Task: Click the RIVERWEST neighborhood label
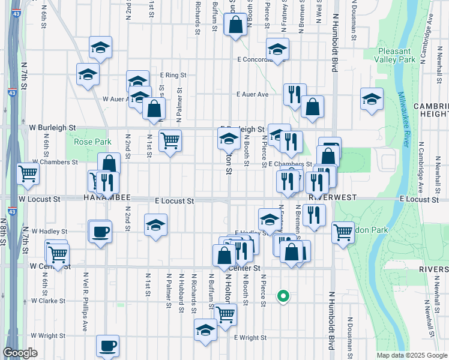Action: (x=333, y=197)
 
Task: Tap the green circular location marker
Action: (x=282, y=295)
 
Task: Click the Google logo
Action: (x=20, y=353)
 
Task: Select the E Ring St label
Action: (x=173, y=75)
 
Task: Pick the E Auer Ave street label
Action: (x=253, y=94)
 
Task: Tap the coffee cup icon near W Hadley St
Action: (x=101, y=230)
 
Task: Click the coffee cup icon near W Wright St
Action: (x=108, y=345)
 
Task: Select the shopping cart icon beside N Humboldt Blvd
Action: (x=342, y=231)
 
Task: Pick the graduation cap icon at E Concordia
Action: (x=278, y=49)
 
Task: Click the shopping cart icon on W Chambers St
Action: (x=28, y=174)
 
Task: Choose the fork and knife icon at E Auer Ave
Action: (x=294, y=93)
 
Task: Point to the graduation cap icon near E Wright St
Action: (x=205, y=329)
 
